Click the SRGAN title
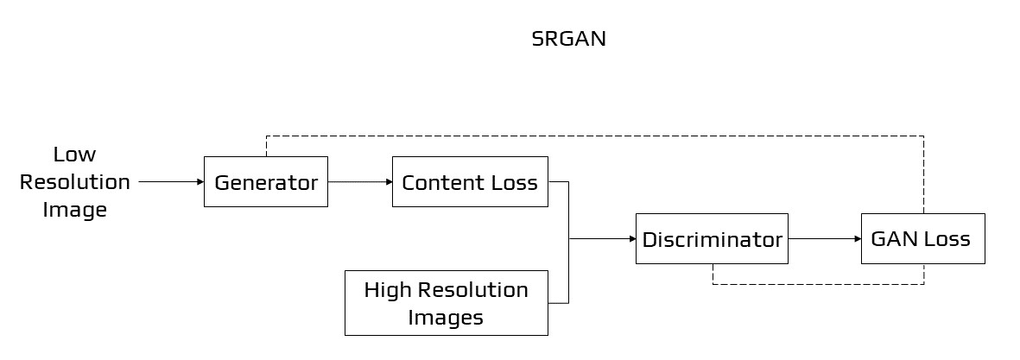pyautogui.click(x=568, y=40)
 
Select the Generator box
pyautogui.click(x=265, y=182)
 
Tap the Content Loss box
pyautogui.click(x=470, y=182)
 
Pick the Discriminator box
pyautogui.click(x=712, y=238)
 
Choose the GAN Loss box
pyautogui.click(x=922, y=238)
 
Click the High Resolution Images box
pyautogui.click(x=446, y=303)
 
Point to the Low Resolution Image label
pyautogui.click(x=75, y=182)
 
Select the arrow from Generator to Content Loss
pyautogui.click(x=359, y=182)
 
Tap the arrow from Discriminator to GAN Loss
pyautogui.click(x=824, y=238)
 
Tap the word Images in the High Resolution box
pyautogui.click(x=446, y=317)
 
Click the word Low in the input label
pyautogui.click(x=75, y=155)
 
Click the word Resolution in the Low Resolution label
pyautogui.click(x=75, y=182)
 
